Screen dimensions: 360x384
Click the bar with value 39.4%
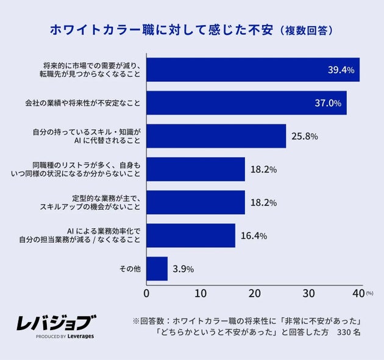click(253, 70)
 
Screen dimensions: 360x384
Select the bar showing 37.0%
click(246, 103)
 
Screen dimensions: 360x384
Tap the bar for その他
click(157, 268)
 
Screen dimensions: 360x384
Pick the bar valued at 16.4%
click(190, 236)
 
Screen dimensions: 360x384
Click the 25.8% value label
click(304, 136)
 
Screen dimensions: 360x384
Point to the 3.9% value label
click(183, 269)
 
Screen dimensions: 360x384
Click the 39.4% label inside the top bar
click(341, 70)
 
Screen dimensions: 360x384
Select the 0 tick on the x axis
click(146, 293)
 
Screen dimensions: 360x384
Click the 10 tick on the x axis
click(201, 293)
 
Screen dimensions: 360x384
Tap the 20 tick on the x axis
click(255, 293)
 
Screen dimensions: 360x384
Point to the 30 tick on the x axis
click(309, 293)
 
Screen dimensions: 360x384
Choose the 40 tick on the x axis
click(360, 293)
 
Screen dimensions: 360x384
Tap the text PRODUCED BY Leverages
click(65, 336)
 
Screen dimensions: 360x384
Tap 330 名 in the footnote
click(349, 333)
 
